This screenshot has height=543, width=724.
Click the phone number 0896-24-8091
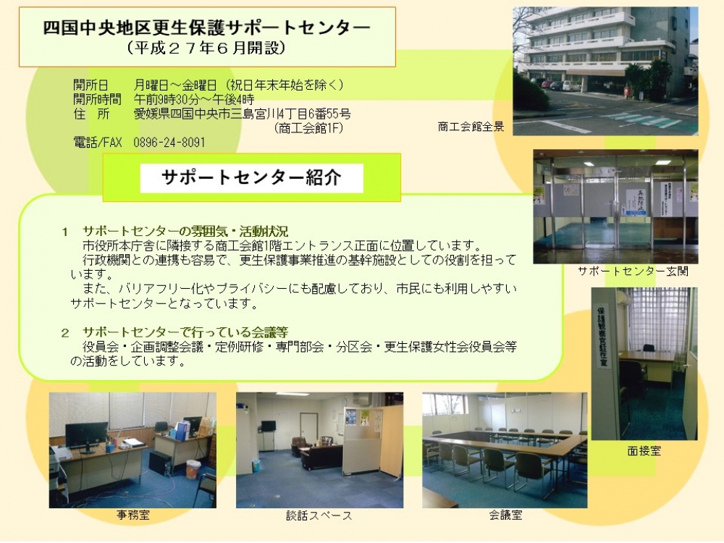tap(169, 142)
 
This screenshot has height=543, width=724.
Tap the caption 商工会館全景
tap(471, 127)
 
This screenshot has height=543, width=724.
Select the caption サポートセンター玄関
tap(633, 271)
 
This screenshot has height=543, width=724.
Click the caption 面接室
tap(644, 450)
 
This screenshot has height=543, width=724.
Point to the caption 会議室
tap(505, 515)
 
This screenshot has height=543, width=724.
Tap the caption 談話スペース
tap(319, 515)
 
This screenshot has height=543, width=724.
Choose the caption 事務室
tap(133, 515)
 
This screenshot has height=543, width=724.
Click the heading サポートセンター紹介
tap(252, 177)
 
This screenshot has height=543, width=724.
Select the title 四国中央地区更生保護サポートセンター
tap(207, 28)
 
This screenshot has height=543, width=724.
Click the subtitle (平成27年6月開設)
tap(207, 48)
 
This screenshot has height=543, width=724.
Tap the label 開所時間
tap(97, 99)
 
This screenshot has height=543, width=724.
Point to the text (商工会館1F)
tap(308, 128)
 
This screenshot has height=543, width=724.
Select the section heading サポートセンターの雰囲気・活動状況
tap(185, 232)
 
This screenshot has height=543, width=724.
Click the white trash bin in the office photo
tap(193, 469)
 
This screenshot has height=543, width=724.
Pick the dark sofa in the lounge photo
tap(321, 457)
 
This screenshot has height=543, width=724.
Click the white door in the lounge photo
tap(308, 432)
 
